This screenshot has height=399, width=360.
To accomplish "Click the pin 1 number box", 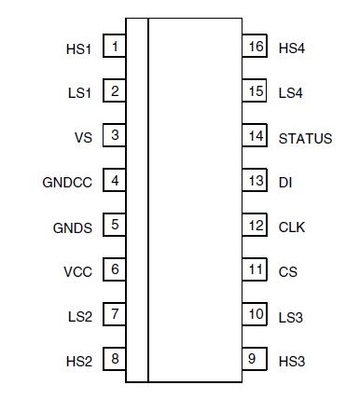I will click(x=115, y=47).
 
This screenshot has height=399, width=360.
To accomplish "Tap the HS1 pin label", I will click(x=77, y=48).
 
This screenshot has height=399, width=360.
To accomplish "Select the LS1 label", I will click(x=78, y=92).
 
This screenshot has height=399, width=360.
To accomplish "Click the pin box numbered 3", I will click(x=115, y=136).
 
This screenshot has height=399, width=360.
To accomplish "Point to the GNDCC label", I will click(x=68, y=182).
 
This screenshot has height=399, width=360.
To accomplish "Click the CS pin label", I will click(x=287, y=272).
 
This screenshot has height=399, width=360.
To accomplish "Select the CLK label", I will click(x=292, y=227).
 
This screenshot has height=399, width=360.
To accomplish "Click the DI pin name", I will click(x=285, y=183).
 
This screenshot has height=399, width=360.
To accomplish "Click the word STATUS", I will click(x=305, y=138).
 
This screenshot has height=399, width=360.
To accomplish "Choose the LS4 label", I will click(x=291, y=93).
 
